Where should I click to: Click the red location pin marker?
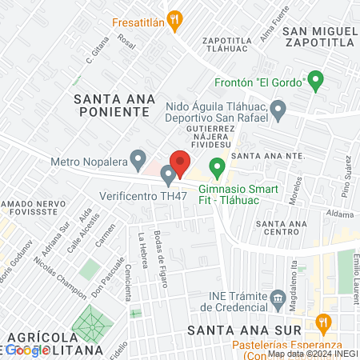(x=179, y=162)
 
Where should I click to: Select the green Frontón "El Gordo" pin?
(x=316, y=80)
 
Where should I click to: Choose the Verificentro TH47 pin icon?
(x=168, y=174)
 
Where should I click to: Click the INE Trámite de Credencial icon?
(x=278, y=298)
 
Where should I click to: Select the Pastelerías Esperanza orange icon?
(x=323, y=323)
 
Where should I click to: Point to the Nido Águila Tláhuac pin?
(x=278, y=110)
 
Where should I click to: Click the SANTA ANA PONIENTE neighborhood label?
(x=111, y=105)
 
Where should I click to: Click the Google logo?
(x=27, y=350)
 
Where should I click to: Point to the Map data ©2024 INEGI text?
(x=312, y=354)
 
